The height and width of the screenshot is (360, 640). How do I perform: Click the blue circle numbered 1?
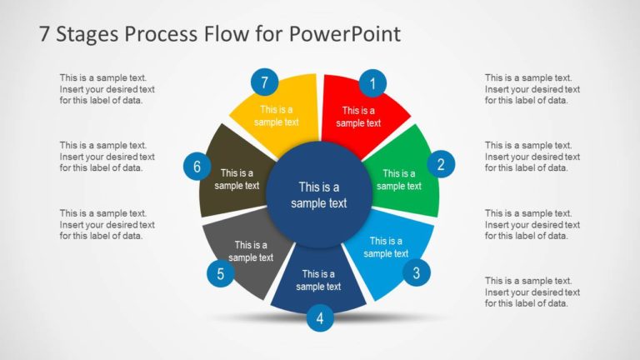(x=372, y=82)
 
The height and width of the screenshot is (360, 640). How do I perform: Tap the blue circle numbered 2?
(x=441, y=164)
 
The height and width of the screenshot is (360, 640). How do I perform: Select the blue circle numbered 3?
(x=417, y=272)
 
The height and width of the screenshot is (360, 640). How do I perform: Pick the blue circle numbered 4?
(x=320, y=317)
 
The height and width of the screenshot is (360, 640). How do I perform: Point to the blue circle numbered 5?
(x=220, y=273)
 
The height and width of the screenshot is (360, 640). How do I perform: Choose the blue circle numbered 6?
(x=197, y=167)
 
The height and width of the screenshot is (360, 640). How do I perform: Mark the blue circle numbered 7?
(x=264, y=82)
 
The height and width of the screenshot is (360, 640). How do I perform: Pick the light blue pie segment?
(x=387, y=250)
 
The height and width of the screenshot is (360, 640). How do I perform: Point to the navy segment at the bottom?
(x=318, y=282)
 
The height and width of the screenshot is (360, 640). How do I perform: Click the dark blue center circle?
(x=319, y=195)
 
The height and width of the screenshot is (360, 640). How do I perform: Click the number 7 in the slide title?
(x=45, y=34)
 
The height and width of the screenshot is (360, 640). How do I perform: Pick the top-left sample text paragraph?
(x=107, y=88)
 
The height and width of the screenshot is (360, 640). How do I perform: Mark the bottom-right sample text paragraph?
(x=532, y=292)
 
